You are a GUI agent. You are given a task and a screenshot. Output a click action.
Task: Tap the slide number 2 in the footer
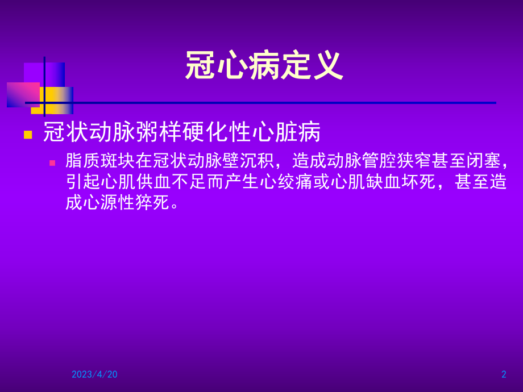[x=504, y=374]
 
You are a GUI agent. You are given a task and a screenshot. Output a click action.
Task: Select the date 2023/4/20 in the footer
[x=94, y=374]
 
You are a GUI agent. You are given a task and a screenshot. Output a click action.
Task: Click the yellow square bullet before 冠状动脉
[x=27, y=135]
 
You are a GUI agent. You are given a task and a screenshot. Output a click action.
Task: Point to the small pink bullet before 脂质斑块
[x=52, y=162]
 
